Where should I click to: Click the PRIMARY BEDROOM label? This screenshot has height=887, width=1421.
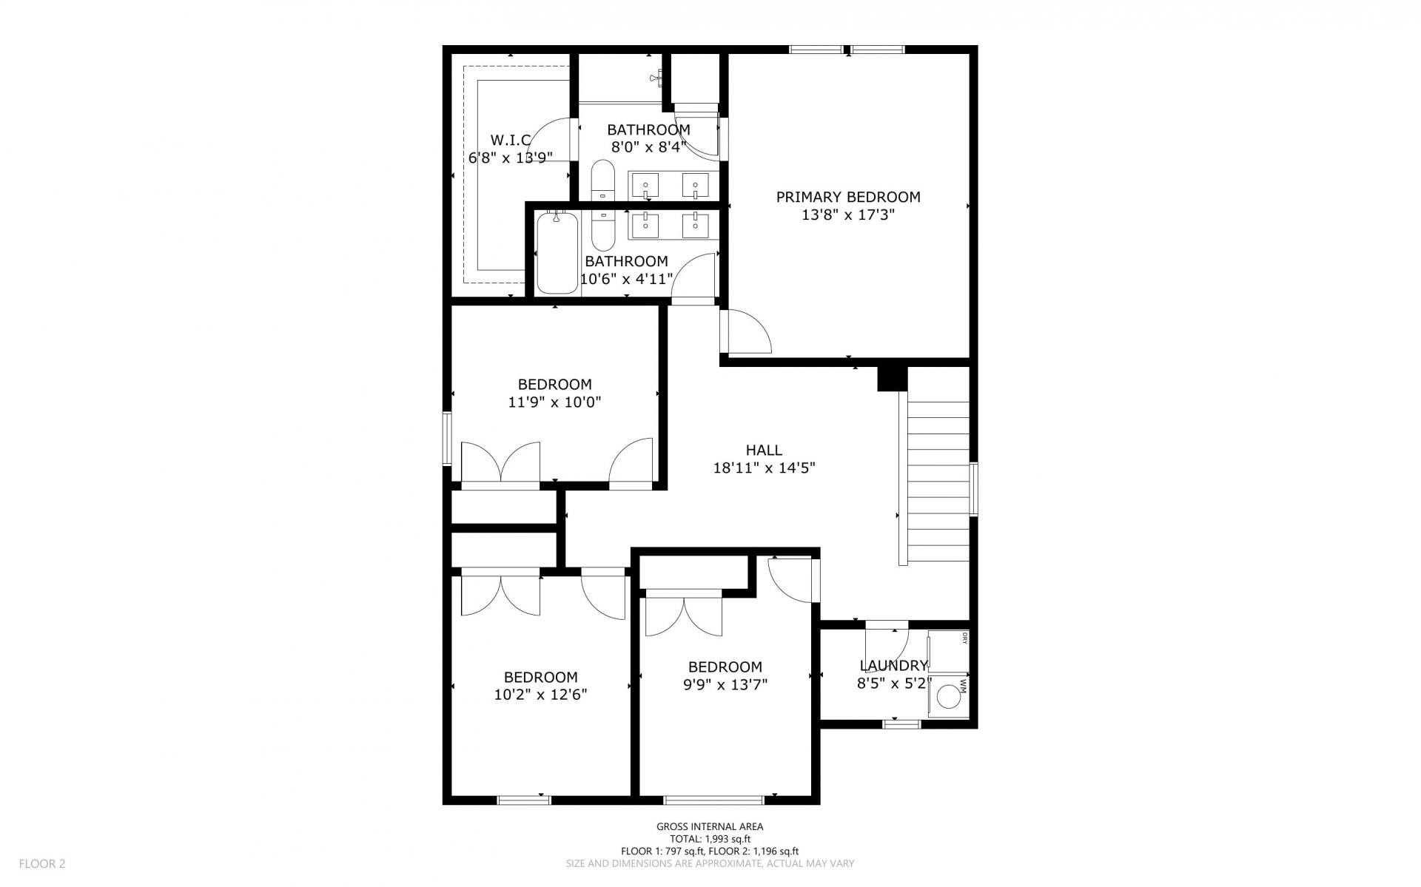coord(848,198)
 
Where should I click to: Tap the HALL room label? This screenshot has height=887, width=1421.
coord(764,450)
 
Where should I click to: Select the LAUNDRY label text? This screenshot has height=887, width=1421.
coord(893,666)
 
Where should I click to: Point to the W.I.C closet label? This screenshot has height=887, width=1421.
coord(511,140)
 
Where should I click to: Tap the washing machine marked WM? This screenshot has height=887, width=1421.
coord(948,696)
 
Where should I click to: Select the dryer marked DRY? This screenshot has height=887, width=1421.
coord(948,650)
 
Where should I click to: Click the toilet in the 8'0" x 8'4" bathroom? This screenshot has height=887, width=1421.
coord(603,180)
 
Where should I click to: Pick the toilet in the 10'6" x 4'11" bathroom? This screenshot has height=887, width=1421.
coord(603,230)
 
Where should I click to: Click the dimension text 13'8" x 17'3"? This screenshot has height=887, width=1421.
coord(848,215)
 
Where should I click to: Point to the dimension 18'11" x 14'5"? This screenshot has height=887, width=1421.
coord(764,468)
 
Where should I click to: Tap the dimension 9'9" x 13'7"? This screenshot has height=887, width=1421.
coord(725,684)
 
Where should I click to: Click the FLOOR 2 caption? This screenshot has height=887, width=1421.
coord(42,863)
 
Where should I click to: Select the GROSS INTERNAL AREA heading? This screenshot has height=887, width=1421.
coord(710,827)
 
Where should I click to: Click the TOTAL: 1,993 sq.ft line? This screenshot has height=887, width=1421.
coord(710,839)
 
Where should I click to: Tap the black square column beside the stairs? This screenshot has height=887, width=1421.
coord(892,378)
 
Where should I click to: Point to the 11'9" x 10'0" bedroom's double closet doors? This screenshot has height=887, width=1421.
coord(501,463)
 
